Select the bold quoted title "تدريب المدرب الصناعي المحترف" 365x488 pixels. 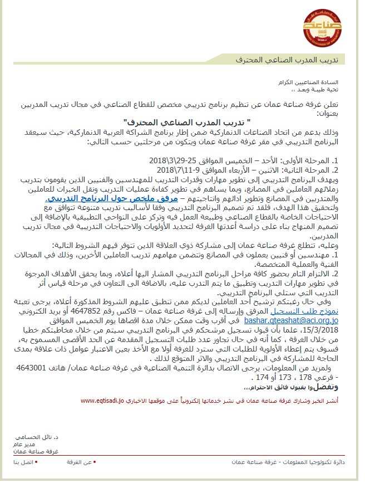187,121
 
